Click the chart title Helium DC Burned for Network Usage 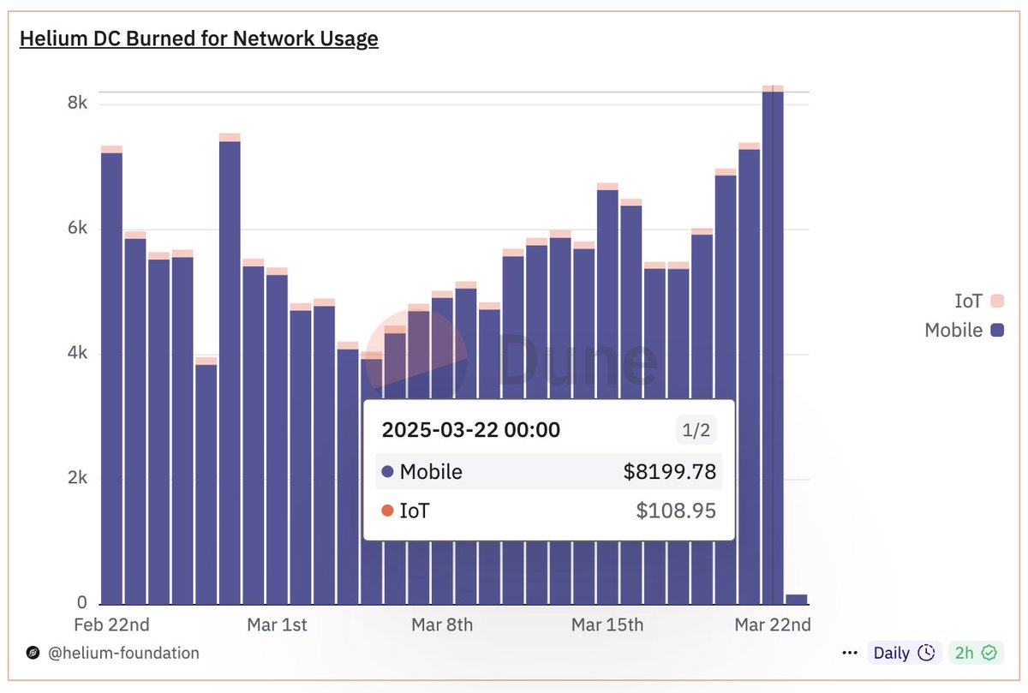pyautogui.click(x=199, y=39)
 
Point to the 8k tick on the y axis pyautogui.click(x=77, y=104)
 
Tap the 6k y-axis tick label pyautogui.click(x=77, y=229)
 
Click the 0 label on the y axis pyautogui.click(x=81, y=602)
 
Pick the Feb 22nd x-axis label pyautogui.click(x=111, y=624)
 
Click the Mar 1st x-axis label pyautogui.click(x=277, y=624)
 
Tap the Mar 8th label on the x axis pyautogui.click(x=442, y=624)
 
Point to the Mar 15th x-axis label pyautogui.click(x=607, y=624)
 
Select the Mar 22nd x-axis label pyautogui.click(x=773, y=624)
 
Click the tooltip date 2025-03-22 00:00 pyautogui.click(x=471, y=430)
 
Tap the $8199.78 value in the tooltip pyautogui.click(x=669, y=472)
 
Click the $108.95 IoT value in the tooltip pyautogui.click(x=675, y=511)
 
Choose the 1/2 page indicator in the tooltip pyautogui.click(x=696, y=430)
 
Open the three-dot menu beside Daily pyautogui.click(x=849, y=653)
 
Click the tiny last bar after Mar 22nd pyautogui.click(x=796, y=599)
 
